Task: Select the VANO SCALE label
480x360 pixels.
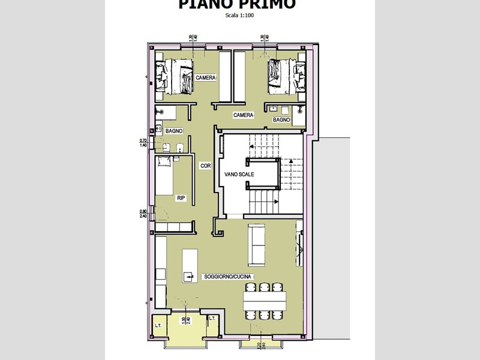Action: (239, 174)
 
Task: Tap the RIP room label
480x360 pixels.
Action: (181, 197)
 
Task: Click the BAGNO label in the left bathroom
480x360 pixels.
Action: (174, 130)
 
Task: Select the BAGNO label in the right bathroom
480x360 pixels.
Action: (281, 120)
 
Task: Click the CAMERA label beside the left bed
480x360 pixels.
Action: (205, 78)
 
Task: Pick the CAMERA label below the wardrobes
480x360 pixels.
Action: (243, 115)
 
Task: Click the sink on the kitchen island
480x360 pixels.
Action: (188, 277)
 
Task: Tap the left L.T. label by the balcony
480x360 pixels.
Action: (158, 325)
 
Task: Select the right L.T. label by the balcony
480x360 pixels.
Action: (212, 319)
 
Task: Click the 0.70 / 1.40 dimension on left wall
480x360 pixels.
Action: (143, 143)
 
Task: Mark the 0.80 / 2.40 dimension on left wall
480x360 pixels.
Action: (143, 213)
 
